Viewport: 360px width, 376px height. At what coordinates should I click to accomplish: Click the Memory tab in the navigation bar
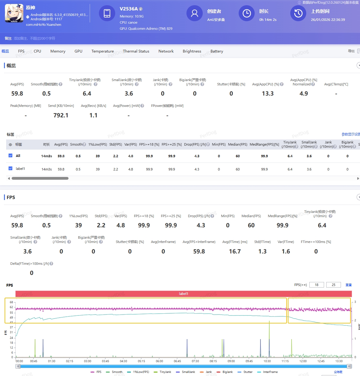(58, 51)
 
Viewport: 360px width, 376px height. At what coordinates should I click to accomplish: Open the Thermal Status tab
(136, 51)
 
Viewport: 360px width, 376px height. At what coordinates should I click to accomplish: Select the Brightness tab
(192, 51)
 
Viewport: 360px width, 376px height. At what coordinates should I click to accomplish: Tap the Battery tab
(217, 51)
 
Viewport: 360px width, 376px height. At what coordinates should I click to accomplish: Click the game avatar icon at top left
(14, 13)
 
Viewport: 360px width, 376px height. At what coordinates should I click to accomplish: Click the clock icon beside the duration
(247, 13)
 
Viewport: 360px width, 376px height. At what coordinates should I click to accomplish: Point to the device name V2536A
(129, 9)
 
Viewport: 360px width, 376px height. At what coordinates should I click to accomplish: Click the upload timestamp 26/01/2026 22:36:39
(328, 20)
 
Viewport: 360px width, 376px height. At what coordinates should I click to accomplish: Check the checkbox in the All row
(10, 156)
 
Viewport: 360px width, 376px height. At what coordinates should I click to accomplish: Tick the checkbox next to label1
(10, 168)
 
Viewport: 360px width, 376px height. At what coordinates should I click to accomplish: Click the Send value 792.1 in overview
(61, 115)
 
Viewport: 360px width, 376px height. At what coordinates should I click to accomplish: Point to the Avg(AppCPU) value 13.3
(268, 93)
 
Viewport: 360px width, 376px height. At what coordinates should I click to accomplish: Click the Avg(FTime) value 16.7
(235, 251)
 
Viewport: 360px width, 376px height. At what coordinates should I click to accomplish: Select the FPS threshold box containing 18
(316, 285)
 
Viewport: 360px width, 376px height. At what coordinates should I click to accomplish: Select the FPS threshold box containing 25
(333, 285)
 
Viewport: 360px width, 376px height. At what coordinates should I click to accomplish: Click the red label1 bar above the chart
(183, 294)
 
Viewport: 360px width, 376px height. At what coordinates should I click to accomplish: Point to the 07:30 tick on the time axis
(195, 361)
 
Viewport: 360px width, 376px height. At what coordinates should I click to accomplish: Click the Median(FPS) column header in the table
(237, 144)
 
